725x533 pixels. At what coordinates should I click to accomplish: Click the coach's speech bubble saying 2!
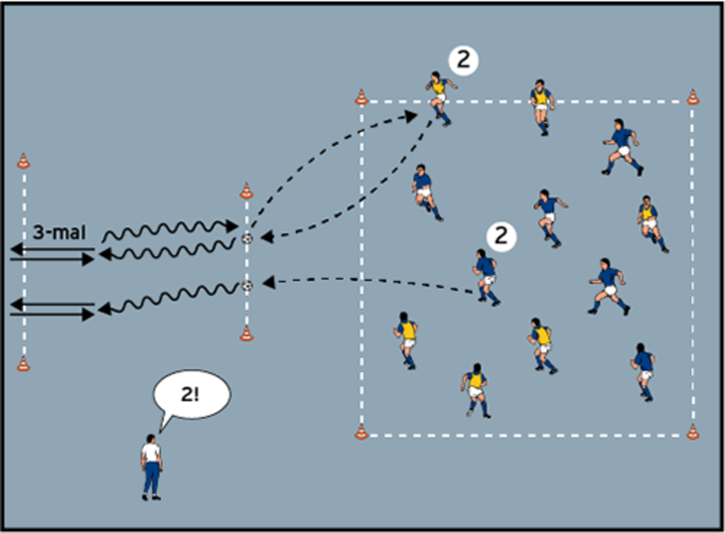[x=191, y=395]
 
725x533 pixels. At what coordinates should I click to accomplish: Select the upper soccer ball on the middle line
[x=246, y=238]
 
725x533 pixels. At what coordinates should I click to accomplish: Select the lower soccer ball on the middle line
[x=246, y=285]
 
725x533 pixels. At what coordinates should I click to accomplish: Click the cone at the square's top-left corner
[x=361, y=97]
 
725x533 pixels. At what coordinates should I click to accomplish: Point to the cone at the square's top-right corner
[x=693, y=97]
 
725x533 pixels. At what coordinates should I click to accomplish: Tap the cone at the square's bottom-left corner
[x=361, y=433]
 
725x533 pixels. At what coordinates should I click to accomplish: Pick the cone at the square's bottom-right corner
[x=693, y=433]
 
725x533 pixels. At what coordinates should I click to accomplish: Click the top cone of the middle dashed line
[x=246, y=191]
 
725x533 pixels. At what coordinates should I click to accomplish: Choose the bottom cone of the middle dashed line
[x=246, y=334]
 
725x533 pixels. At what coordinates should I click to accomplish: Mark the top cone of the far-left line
[x=23, y=161]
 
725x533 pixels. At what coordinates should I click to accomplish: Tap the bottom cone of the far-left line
[x=23, y=363]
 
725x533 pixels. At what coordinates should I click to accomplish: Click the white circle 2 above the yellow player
[x=463, y=60]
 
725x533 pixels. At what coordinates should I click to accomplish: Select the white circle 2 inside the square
[x=502, y=235]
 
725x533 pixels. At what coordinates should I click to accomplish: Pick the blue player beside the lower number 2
[x=487, y=276]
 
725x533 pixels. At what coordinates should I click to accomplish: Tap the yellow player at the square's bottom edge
[x=476, y=389]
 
